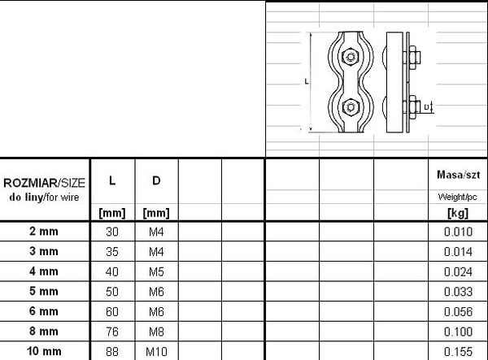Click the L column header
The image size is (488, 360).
pyautogui.click(x=112, y=180)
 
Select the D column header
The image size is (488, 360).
pyautogui.click(x=156, y=180)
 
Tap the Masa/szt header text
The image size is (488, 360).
pyautogui.click(x=458, y=175)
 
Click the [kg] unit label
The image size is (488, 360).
pyautogui.click(x=458, y=213)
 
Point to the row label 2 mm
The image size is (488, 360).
pyautogui.click(x=44, y=232)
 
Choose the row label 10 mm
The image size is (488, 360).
pyautogui.click(x=44, y=351)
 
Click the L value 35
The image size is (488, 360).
pyautogui.click(x=112, y=251)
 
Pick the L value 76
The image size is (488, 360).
pyautogui.click(x=112, y=332)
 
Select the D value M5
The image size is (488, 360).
pyautogui.click(x=156, y=271)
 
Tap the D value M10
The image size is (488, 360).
pyautogui.click(x=156, y=352)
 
